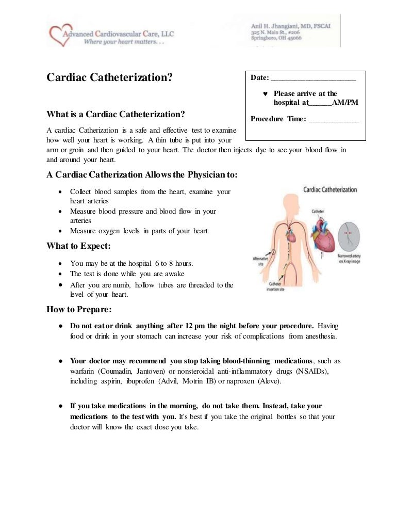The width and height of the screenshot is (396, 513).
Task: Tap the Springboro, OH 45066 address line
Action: point(276,38)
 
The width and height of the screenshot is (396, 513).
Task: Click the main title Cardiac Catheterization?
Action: point(109,78)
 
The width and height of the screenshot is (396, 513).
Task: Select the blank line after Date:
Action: point(313,78)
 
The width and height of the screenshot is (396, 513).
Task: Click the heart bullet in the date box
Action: point(265,94)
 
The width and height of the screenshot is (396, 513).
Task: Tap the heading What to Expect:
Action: point(78,246)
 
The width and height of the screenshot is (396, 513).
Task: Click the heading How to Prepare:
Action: point(79,310)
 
